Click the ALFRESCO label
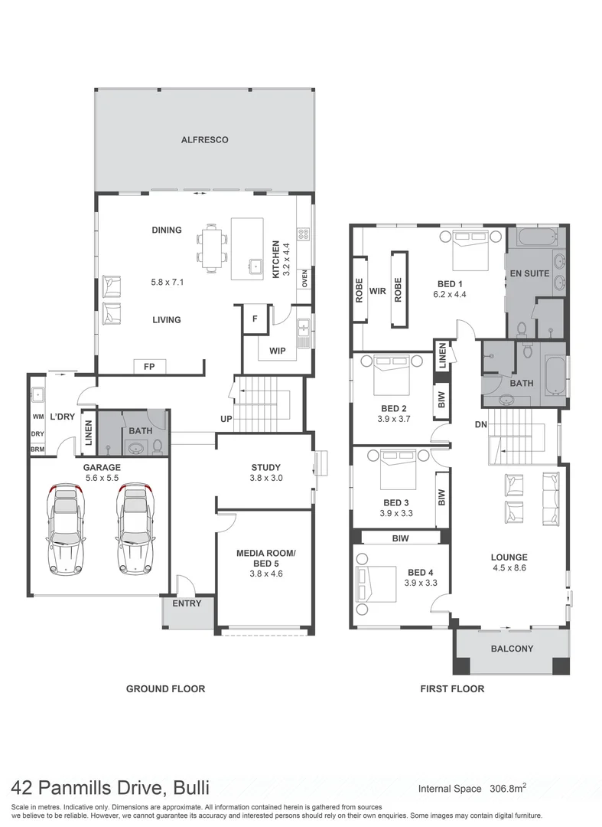204,140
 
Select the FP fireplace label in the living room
149,367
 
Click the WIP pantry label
276,351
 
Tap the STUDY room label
265,467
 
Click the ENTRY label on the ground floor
187,603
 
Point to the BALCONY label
512,649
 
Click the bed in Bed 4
376,585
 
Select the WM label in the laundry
37,417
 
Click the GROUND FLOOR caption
165,688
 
